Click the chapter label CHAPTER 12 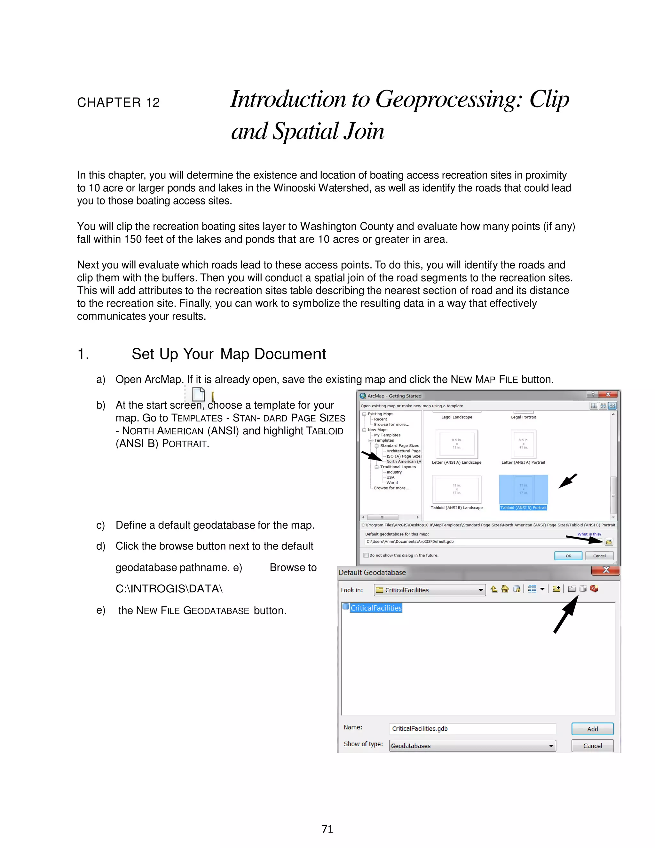[118, 102]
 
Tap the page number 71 [327, 829]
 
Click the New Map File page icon [199, 394]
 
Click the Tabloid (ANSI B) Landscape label [456, 508]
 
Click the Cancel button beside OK [599, 556]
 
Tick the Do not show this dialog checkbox [366, 555]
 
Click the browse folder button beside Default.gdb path [608, 542]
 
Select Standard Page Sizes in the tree [399, 446]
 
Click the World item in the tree [392, 483]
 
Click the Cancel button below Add [592, 746]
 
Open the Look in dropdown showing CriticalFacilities [481, 590]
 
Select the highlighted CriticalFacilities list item [375, 608]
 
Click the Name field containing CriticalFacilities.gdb [472, 728]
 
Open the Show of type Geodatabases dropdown [551, 746]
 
